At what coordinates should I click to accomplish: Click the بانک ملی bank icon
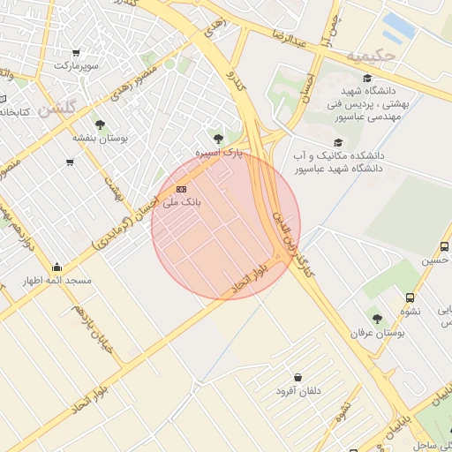182,189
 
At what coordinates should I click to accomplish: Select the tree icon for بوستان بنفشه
100,124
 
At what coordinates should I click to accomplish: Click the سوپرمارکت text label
76,66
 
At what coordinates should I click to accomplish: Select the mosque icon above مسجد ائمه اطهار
57,267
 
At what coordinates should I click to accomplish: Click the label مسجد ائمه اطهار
58,281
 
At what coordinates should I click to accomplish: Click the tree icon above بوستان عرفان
377,319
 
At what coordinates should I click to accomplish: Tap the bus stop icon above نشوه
410,298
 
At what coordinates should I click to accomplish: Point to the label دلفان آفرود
298,390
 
